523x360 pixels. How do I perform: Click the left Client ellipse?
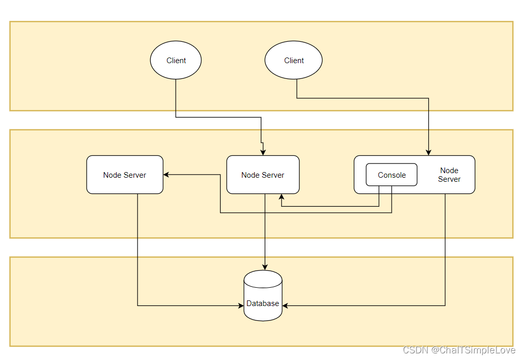176,60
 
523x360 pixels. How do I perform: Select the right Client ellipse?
293,60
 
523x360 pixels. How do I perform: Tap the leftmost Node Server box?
125,175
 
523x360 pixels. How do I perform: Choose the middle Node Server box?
263,175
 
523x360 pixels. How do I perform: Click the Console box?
392,175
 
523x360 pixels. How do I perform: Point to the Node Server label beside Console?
449,175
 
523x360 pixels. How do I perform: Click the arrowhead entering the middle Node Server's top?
263,152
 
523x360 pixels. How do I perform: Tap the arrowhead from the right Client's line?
429,152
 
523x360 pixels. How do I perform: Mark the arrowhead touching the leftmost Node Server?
167,175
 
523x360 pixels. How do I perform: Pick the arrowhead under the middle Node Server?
281,197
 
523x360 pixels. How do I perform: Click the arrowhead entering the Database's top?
264,267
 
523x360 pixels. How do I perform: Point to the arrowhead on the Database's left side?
241,306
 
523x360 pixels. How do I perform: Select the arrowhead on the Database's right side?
285,306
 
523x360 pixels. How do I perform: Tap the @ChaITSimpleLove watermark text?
474,350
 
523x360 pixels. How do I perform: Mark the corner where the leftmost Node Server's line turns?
137,306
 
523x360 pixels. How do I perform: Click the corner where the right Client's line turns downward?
429,98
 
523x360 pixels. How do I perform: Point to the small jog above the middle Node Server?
262,143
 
